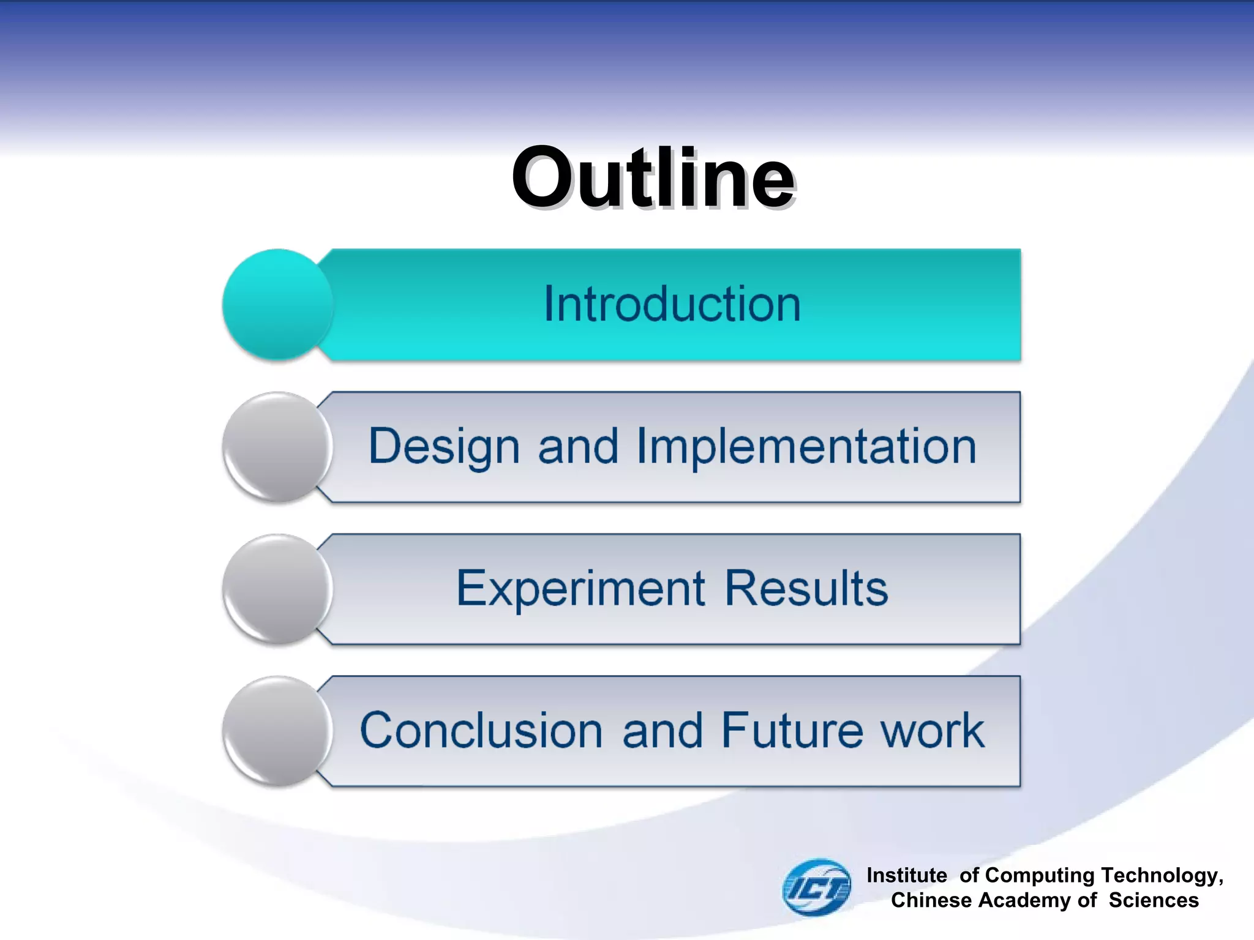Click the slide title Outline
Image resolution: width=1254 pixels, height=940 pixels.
coord(653,179)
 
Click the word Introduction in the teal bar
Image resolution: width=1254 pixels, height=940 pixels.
coord(672,304)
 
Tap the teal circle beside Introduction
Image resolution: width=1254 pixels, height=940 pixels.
coord(277,304)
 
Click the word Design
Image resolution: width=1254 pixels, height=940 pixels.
coord(444,447)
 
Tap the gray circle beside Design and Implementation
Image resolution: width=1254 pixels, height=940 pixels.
coord(277,447)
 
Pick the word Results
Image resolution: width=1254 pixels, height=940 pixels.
coord(806,589)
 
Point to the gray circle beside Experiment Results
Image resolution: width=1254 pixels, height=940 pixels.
coord(277,589)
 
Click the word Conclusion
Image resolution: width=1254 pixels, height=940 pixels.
coord(481,731)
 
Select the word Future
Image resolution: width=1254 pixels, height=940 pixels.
coord(792,731)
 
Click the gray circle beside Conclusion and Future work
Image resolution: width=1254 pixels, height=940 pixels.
coord(277,731)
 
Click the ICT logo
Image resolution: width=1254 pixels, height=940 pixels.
coord(817,887)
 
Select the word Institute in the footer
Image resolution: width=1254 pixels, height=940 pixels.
coord(906,875)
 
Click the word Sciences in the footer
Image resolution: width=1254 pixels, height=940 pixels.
coord(1154,900)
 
